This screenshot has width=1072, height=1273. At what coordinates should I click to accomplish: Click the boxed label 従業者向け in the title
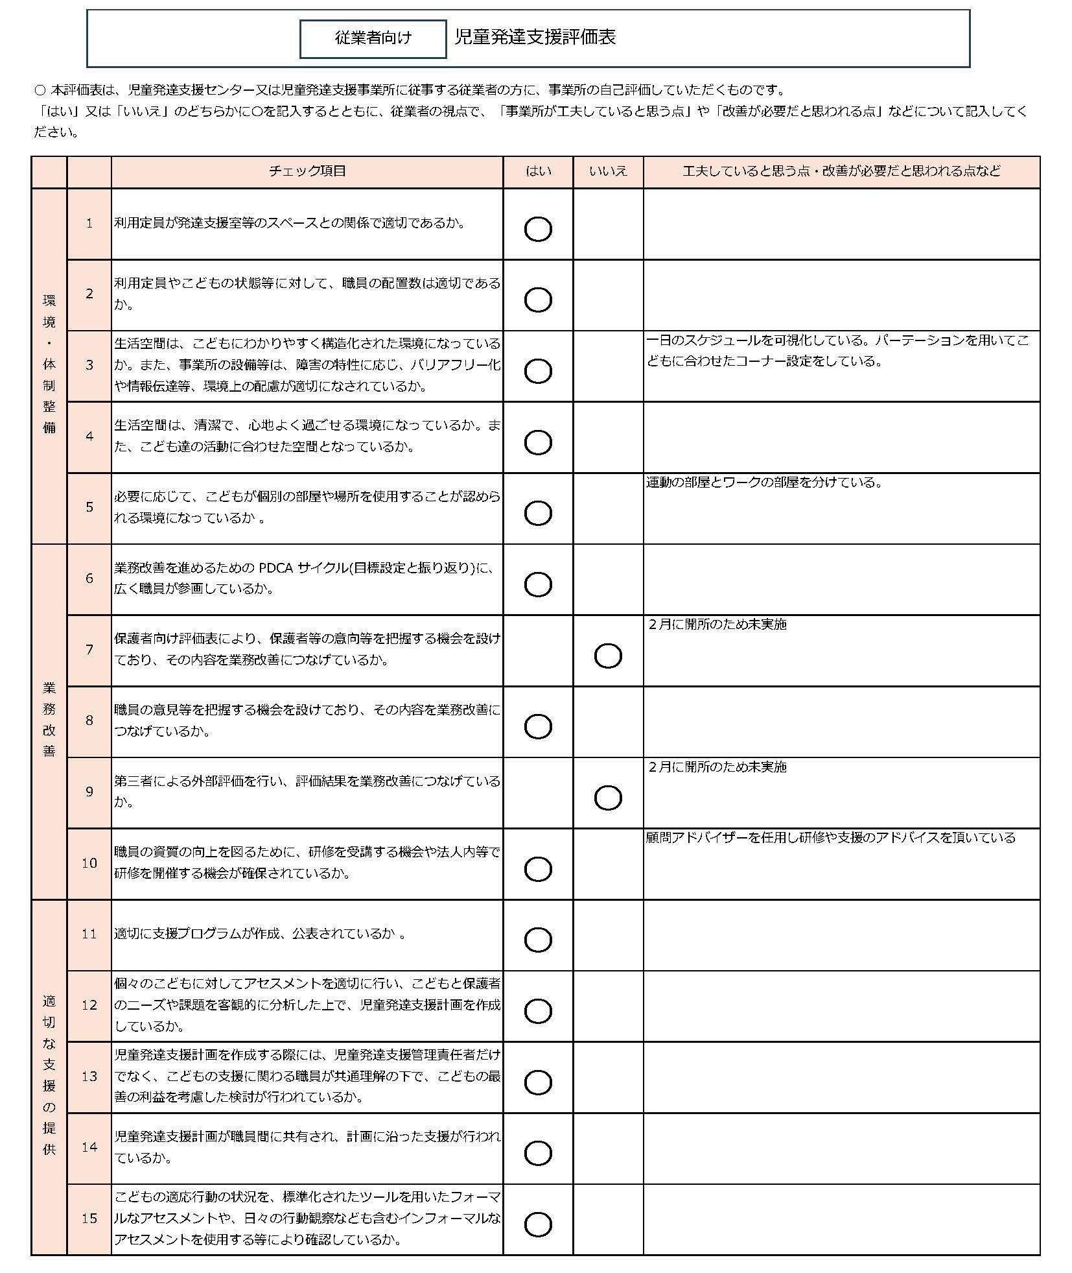tap(373, 38)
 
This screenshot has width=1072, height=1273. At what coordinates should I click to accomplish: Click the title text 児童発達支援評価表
tap(535, 37)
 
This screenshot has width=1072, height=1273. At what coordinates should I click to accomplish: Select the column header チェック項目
tap(307, 171)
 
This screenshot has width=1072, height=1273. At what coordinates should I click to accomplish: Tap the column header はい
tap(538, 171)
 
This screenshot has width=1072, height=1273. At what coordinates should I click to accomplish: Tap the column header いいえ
tap(608, 171)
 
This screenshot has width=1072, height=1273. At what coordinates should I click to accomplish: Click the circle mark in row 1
tap(538, 229)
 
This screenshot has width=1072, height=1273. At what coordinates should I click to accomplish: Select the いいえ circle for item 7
tap(608, 656)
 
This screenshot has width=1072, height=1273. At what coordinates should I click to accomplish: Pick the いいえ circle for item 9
tap(608, 798)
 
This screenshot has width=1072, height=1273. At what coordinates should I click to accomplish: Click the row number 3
tap(89, 365)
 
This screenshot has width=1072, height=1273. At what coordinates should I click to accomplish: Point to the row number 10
tap(89, 863)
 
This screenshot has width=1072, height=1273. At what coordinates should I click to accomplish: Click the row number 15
tap(89, 1219)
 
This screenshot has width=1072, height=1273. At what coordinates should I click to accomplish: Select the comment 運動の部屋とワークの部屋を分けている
tap(764, 482)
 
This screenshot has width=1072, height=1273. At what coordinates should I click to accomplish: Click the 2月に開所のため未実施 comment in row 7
tap(717, 625)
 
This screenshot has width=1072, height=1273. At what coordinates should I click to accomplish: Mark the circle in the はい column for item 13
tap(538, 1082)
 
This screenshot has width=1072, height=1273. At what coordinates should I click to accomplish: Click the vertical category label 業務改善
tap(49, 720)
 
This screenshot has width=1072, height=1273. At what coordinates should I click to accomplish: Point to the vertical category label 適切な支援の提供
tap(49, 1075)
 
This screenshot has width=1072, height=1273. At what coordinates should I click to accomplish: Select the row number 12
tap(89, 1005)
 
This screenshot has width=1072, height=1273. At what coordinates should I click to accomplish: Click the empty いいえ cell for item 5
tap(608, 508)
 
